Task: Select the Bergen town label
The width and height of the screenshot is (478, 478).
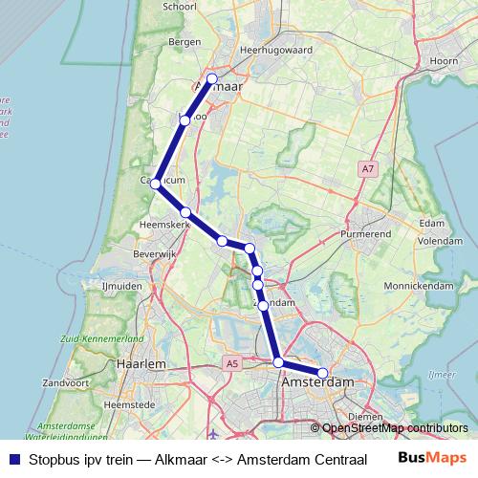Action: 184,42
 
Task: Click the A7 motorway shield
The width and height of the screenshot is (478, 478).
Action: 368,169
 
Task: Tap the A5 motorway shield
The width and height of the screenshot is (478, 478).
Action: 232,363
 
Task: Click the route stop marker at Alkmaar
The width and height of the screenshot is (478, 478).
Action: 212,78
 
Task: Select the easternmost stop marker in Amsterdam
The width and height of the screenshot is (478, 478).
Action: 323,373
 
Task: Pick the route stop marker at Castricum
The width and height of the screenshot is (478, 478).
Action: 155,183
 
